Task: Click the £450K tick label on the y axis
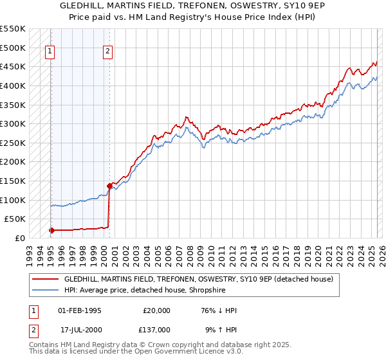[13, 66]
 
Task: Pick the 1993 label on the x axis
[30, 251]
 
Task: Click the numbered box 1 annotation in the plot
[50, 53]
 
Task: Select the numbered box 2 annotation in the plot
[108, 53]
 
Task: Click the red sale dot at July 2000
[109, 186]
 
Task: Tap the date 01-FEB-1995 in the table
[80, 310]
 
